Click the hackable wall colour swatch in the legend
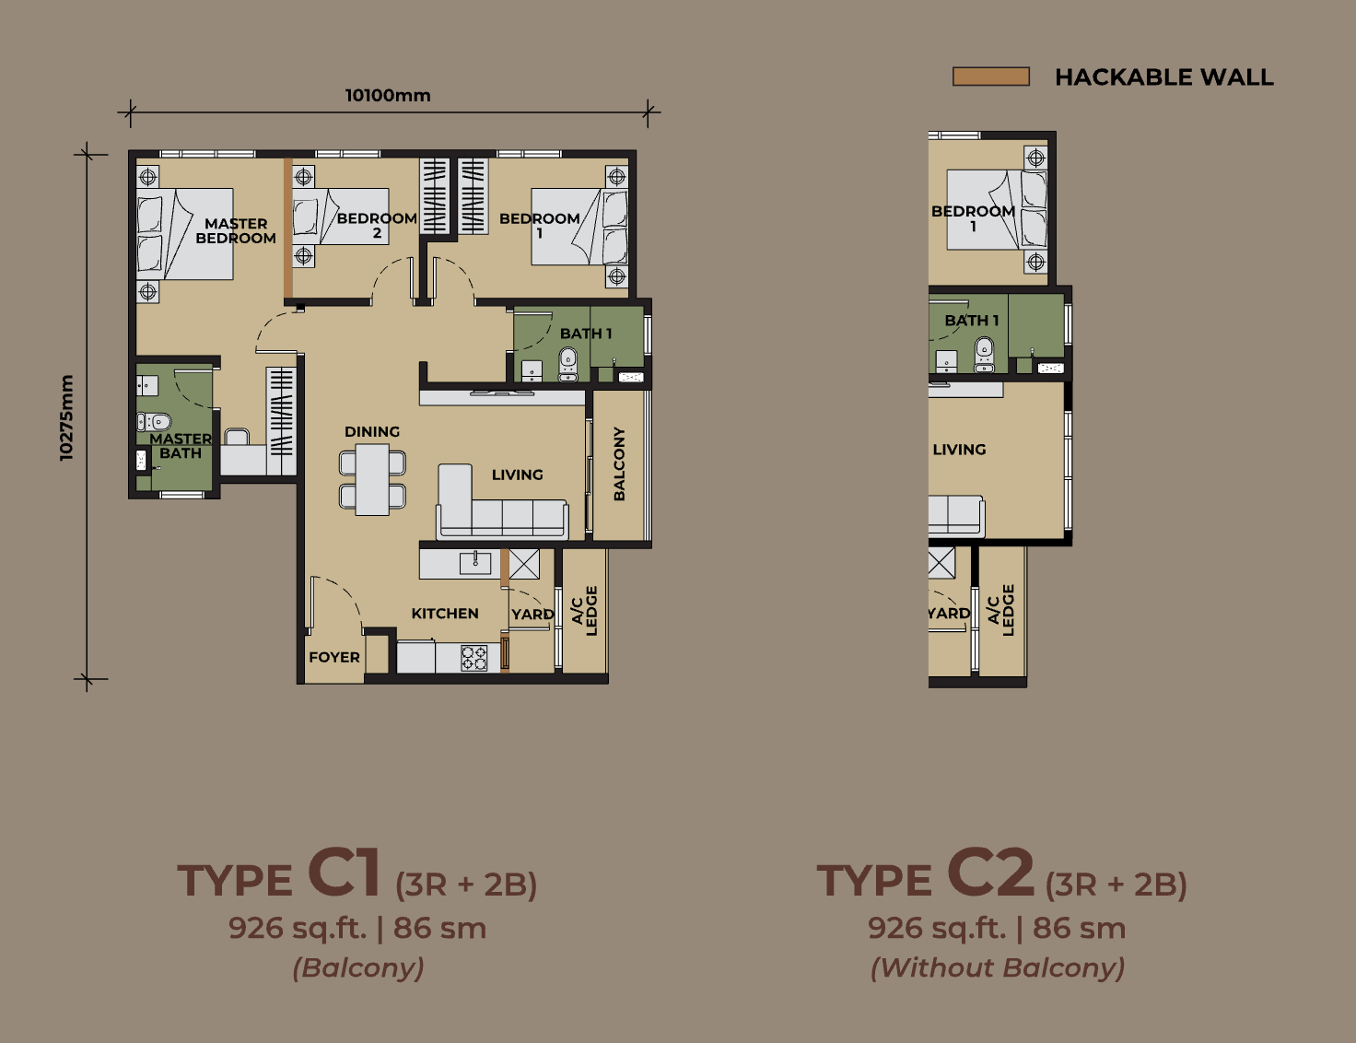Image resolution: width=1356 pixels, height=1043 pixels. [x=990, y=76]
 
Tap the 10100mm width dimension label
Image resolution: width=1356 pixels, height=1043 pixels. [x=388, y=96]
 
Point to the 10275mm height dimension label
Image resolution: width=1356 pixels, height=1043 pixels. [x=66, y=417]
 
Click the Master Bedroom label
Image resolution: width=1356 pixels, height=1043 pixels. [x=236, y=231]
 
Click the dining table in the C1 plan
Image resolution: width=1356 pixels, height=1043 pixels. [x=372, y=479]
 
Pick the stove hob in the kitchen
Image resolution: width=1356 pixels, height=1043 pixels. [x=474, y=658]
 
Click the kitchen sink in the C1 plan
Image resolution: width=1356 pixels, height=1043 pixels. [x=475, y=562]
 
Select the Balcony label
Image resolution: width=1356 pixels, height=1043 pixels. [x=619, y=463]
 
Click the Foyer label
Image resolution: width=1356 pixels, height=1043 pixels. [x=334, y=657]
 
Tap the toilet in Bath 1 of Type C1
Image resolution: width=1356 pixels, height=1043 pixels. [x=567, y=365]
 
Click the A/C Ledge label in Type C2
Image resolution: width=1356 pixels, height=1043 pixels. [x=1001, y=610]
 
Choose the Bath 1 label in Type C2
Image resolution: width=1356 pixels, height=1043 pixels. [x=972, y=321]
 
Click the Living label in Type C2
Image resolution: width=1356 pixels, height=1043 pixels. [x=959, y=450]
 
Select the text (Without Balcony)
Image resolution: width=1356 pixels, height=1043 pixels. [x=997, y=967]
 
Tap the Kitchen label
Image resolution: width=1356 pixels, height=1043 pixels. [x=445, y=614]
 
